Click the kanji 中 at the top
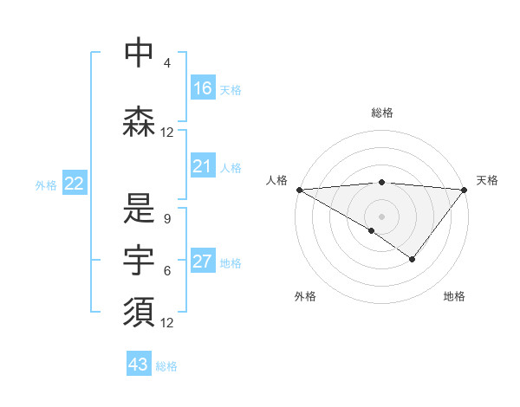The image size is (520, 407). [139, 52]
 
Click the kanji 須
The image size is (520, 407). [139, 313]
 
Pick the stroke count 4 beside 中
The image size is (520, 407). [167, 63]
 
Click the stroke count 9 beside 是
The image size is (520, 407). [167, 219]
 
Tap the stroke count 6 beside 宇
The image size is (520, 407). [167, 271]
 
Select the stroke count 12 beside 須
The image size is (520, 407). [167, 323]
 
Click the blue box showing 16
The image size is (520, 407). [203, 88]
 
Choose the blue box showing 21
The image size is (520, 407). [203, 166]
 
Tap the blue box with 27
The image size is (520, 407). [203, 262]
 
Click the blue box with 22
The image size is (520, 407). [75, 184]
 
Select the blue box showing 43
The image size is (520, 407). [139, 365]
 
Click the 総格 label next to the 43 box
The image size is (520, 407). [166, 366]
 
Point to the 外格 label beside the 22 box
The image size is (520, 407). [46, 184]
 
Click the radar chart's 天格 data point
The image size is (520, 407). [464, 190]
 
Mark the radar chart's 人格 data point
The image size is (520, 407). [299, 190]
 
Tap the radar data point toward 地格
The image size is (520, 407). [413, 259]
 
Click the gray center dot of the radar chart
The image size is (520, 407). [381, 216]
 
